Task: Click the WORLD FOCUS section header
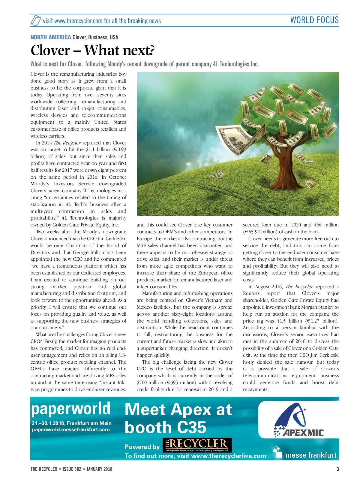314,20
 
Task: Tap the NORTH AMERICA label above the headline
51,37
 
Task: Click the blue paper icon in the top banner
36,20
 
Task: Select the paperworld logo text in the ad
71,409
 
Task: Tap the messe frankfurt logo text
310,455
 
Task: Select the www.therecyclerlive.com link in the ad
228,456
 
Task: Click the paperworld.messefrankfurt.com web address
71,429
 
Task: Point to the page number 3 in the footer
337,469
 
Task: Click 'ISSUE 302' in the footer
72,469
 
